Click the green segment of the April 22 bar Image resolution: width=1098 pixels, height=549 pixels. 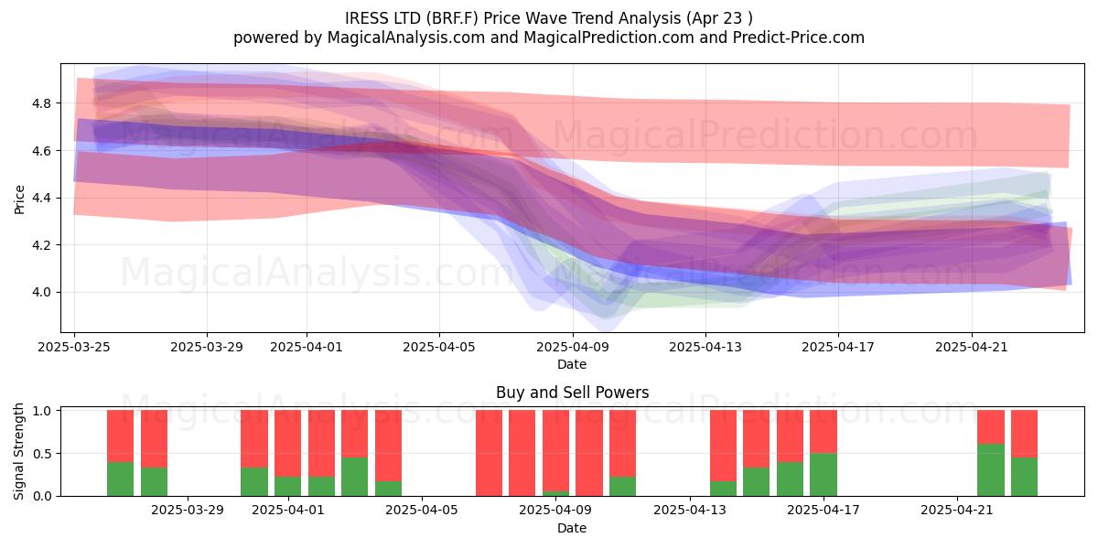(x=991, y=469)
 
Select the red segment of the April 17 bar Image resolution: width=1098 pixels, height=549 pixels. (x=823, y=431)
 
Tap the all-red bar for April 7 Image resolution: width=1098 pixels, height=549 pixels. (x=489, y=453)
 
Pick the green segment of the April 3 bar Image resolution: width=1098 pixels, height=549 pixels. (x=354, y=477)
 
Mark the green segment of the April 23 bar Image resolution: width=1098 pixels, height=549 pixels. (x=1024, y=477)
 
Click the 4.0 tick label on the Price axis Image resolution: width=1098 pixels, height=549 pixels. (x=41, y=292)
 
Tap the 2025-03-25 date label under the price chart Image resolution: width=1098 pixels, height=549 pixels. (x=74, y=347)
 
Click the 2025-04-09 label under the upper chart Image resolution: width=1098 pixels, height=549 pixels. (x=573, y=347)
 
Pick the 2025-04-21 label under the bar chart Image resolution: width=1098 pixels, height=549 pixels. (x=957, y=510)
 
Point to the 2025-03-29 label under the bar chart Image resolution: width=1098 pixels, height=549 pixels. (x=188, y=510)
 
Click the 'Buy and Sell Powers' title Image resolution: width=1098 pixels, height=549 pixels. (x=572, y=393)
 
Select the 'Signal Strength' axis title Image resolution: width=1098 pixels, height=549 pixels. (x=18, y=451)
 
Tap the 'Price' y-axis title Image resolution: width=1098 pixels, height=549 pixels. (x=19, y=199)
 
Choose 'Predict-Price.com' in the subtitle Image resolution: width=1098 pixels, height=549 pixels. (x=799, y=38)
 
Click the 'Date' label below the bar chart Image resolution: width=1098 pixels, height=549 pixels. (x=572, y=528)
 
